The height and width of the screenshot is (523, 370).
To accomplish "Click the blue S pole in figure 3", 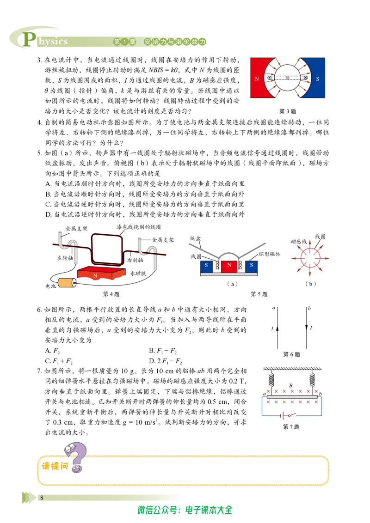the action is pos(317,78).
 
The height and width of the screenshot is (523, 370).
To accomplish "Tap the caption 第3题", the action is pos(288,111).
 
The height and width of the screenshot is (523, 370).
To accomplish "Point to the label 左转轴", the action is pos(65,258).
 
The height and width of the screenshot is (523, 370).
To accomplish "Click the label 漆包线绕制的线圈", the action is pos(139,227).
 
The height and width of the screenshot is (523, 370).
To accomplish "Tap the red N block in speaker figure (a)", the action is pos(229,266).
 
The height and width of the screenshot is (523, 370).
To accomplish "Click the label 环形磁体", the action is pos(270,254).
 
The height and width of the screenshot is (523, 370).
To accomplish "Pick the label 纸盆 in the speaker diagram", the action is pos(195,238).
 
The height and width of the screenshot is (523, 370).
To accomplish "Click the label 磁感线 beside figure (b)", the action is pos(298,241).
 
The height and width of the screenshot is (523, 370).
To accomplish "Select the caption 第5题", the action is pos(259,294).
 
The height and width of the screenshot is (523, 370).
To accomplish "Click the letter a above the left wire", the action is pos(274,308).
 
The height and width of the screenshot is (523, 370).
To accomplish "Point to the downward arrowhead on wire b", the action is pos(307,327).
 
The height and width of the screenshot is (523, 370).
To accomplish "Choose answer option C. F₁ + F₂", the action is pos(59,361).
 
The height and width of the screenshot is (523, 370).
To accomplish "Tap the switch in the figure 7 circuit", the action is pos(291,415).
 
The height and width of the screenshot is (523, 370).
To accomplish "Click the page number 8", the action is pos(42,498).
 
